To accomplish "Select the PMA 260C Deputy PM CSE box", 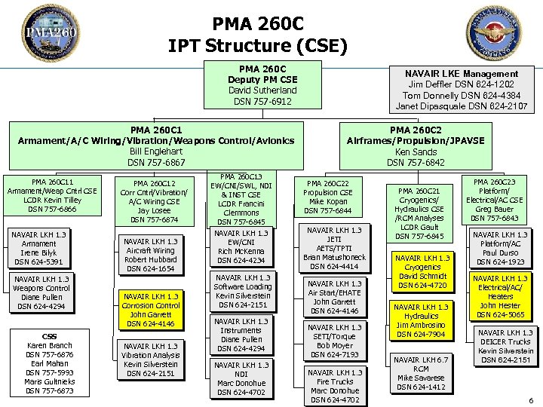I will click(x=262, y=85).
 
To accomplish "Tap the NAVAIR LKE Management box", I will click(x=461, y=90).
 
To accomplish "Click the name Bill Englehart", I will click(x=156, y=151).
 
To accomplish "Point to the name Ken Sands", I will click(x=415, y=151).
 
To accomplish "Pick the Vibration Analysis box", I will click(x=150, y=360).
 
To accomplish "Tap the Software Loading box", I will click(x=243, y=291).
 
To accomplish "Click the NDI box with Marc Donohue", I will click(x=243, y=378).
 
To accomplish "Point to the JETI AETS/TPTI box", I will click(x=334, y=248).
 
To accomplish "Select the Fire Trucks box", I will click(x=335, y=385).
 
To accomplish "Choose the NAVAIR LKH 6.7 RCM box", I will click(x=422, y=373).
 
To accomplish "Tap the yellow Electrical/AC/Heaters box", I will click(x=500, y=296).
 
